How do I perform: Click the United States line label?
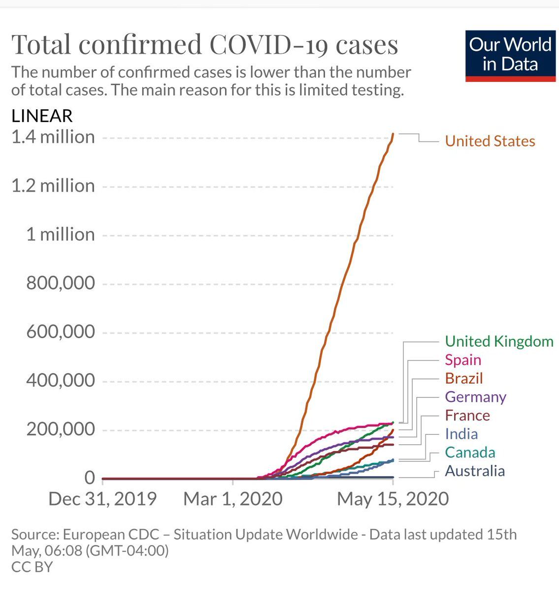490,141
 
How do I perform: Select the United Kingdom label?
499,341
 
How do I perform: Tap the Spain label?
463,360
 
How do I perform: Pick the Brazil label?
464,378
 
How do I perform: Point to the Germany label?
475,397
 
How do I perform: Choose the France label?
467,415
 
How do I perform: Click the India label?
461,434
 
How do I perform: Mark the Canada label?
470,452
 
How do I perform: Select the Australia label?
475,471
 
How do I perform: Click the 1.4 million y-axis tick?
53,137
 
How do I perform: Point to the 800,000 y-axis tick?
61,283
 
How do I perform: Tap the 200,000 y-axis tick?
61,429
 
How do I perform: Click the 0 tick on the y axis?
89,478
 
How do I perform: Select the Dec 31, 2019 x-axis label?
102,499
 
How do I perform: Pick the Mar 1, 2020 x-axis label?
233,499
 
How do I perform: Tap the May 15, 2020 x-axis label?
393,499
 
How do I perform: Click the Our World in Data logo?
510,56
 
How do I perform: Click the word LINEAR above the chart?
42,116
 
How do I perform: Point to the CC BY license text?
32,567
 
